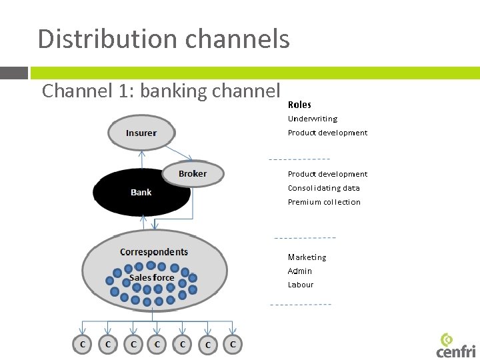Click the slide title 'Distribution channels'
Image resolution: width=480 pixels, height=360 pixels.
(163, 39)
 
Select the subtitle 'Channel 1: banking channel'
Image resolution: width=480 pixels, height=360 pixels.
(161, 91)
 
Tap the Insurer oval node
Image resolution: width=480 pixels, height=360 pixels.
(141, 133)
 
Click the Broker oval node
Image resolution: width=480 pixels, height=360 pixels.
(193, 174)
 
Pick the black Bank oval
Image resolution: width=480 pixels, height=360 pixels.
(141, 193)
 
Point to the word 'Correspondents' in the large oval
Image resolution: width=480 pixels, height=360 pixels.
(154, 252)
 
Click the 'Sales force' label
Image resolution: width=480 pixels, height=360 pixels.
(151, 277)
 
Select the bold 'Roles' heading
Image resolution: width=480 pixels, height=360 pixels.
(299, 105)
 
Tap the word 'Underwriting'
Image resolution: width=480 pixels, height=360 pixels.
(313, 119)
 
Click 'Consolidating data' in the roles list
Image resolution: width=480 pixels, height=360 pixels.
(323, 188)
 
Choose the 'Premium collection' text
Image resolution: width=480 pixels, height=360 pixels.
(324, 202)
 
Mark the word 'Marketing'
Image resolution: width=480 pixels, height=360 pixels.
(307, 257)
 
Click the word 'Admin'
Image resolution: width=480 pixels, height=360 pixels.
(300, 271)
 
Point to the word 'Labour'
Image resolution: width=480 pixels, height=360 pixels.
(301, 285)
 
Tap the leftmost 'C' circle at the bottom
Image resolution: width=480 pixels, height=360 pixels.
(82, 345)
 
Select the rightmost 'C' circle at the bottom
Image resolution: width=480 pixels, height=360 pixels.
(233, 345)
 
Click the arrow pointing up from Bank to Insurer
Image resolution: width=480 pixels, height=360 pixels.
(141, 159)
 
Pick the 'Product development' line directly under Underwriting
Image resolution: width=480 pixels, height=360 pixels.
(327, 133)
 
